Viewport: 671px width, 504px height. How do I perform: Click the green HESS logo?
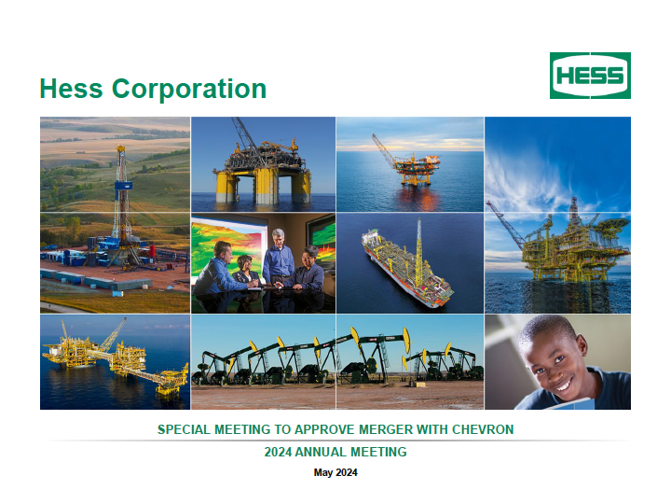[x=590, y=76]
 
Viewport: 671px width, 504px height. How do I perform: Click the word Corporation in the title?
[x=189, y=89]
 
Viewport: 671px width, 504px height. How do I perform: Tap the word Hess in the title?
[x=72, y=89]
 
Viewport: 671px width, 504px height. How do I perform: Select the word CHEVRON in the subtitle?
[x=483, y=429]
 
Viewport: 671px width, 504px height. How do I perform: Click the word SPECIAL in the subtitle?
[x=184, y=429]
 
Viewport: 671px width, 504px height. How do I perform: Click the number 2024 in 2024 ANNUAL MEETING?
[x=278, y=452]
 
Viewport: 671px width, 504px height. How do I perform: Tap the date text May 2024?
[x=335, y=472]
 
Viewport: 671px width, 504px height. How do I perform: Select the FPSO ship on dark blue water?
[x=405, y=268]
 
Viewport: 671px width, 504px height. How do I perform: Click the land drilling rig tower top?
[x=121, y=148]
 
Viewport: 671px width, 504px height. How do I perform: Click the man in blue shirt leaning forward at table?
[x=216, y=270]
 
